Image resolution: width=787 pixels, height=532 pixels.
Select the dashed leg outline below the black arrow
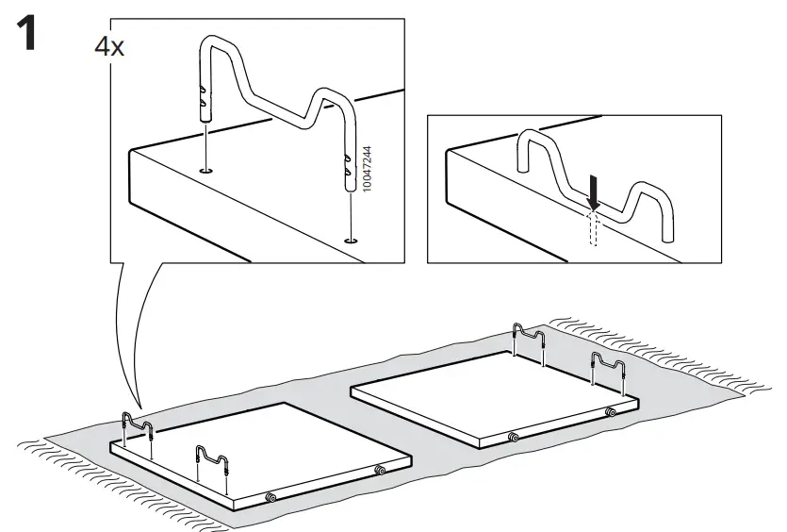click(594, 227)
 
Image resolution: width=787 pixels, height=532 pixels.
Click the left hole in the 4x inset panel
click(206, 171)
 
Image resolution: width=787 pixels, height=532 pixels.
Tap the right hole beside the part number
click(352, 241)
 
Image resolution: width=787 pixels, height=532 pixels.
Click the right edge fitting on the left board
click(380, 470)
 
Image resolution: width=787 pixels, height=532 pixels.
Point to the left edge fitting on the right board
click(512, 437)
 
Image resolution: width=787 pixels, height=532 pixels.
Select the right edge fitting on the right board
click(610, 412)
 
